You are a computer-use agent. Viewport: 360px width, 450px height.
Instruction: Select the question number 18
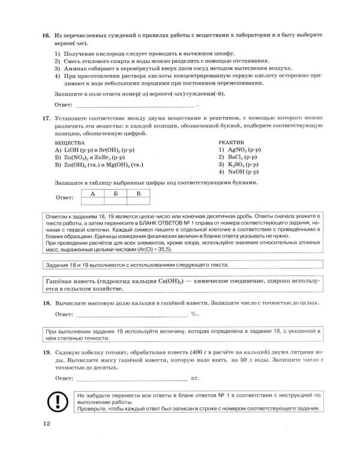45,304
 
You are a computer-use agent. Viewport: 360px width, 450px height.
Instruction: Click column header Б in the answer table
115,193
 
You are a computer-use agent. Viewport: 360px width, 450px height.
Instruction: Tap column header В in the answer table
138,193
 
